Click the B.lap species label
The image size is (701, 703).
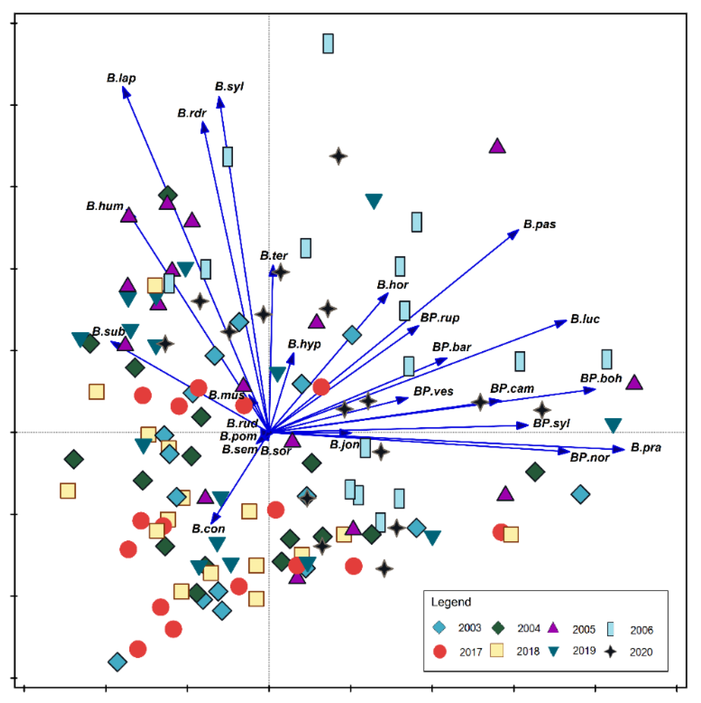pos(121,78)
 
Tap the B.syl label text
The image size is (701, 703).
pos(229,87)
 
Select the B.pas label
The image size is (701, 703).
pos(540,224)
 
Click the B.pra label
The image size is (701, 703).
pos(646,447)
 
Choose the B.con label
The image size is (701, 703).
pos(208,529)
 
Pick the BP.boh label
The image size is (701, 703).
pos(601,378)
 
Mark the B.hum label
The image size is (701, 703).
pos(105,206)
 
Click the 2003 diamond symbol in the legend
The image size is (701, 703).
pos(439,628)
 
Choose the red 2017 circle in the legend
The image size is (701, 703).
pos(440,651)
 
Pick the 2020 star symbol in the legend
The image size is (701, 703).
pos(610,651)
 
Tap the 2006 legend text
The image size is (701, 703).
pos(642,630)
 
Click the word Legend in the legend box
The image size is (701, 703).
pos(451,602)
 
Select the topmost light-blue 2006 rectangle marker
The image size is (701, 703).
pos(328,44)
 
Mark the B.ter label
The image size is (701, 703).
pos(273,256)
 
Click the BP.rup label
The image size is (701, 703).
pos(440,318)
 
